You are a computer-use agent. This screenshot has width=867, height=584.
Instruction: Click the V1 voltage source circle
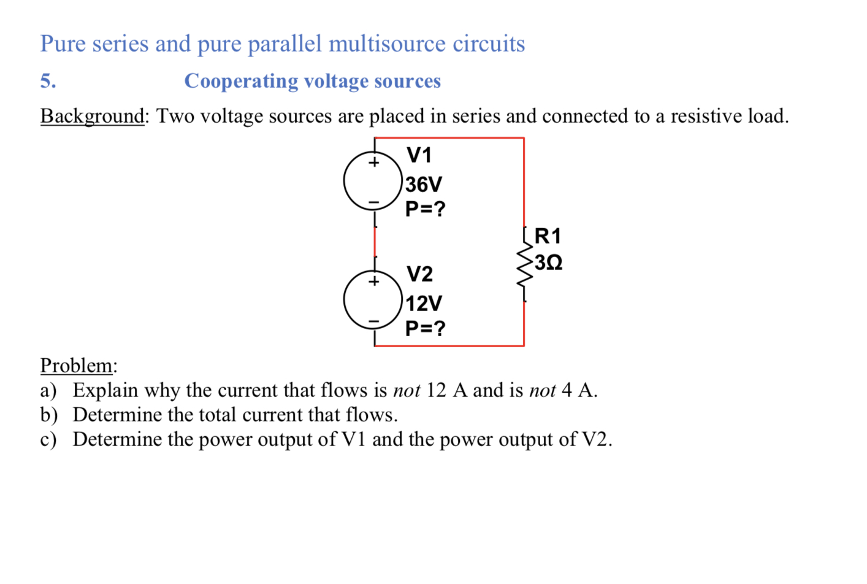[373, 182]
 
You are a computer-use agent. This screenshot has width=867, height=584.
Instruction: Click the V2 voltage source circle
[373, 301]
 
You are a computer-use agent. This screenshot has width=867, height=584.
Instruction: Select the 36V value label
[423, 184]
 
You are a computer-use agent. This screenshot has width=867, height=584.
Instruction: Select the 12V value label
[423, 303]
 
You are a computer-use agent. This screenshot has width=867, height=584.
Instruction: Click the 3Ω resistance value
[548, 263]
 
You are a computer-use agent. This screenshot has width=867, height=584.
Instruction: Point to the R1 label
[548, 236]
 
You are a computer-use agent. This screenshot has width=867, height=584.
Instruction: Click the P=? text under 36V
[425, 209]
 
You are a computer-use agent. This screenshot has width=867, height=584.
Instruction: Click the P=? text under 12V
[425, 328]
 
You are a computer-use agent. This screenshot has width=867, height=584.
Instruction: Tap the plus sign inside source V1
[373, 163]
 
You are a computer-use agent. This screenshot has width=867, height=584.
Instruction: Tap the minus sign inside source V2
[373, 321]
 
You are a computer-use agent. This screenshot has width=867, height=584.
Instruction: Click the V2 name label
[419, 274]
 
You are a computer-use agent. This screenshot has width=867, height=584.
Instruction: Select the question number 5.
[48, 81]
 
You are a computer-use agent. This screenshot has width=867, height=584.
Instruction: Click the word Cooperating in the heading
[241, 81]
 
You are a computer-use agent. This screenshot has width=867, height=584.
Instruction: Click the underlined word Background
[92, 116]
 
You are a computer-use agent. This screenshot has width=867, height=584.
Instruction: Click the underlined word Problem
[77, 365]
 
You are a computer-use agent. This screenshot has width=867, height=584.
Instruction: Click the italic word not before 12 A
[407, 390]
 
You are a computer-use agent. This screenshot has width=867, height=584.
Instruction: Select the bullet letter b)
[48, 415]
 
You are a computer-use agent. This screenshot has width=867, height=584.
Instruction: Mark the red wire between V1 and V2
[375, 242]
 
